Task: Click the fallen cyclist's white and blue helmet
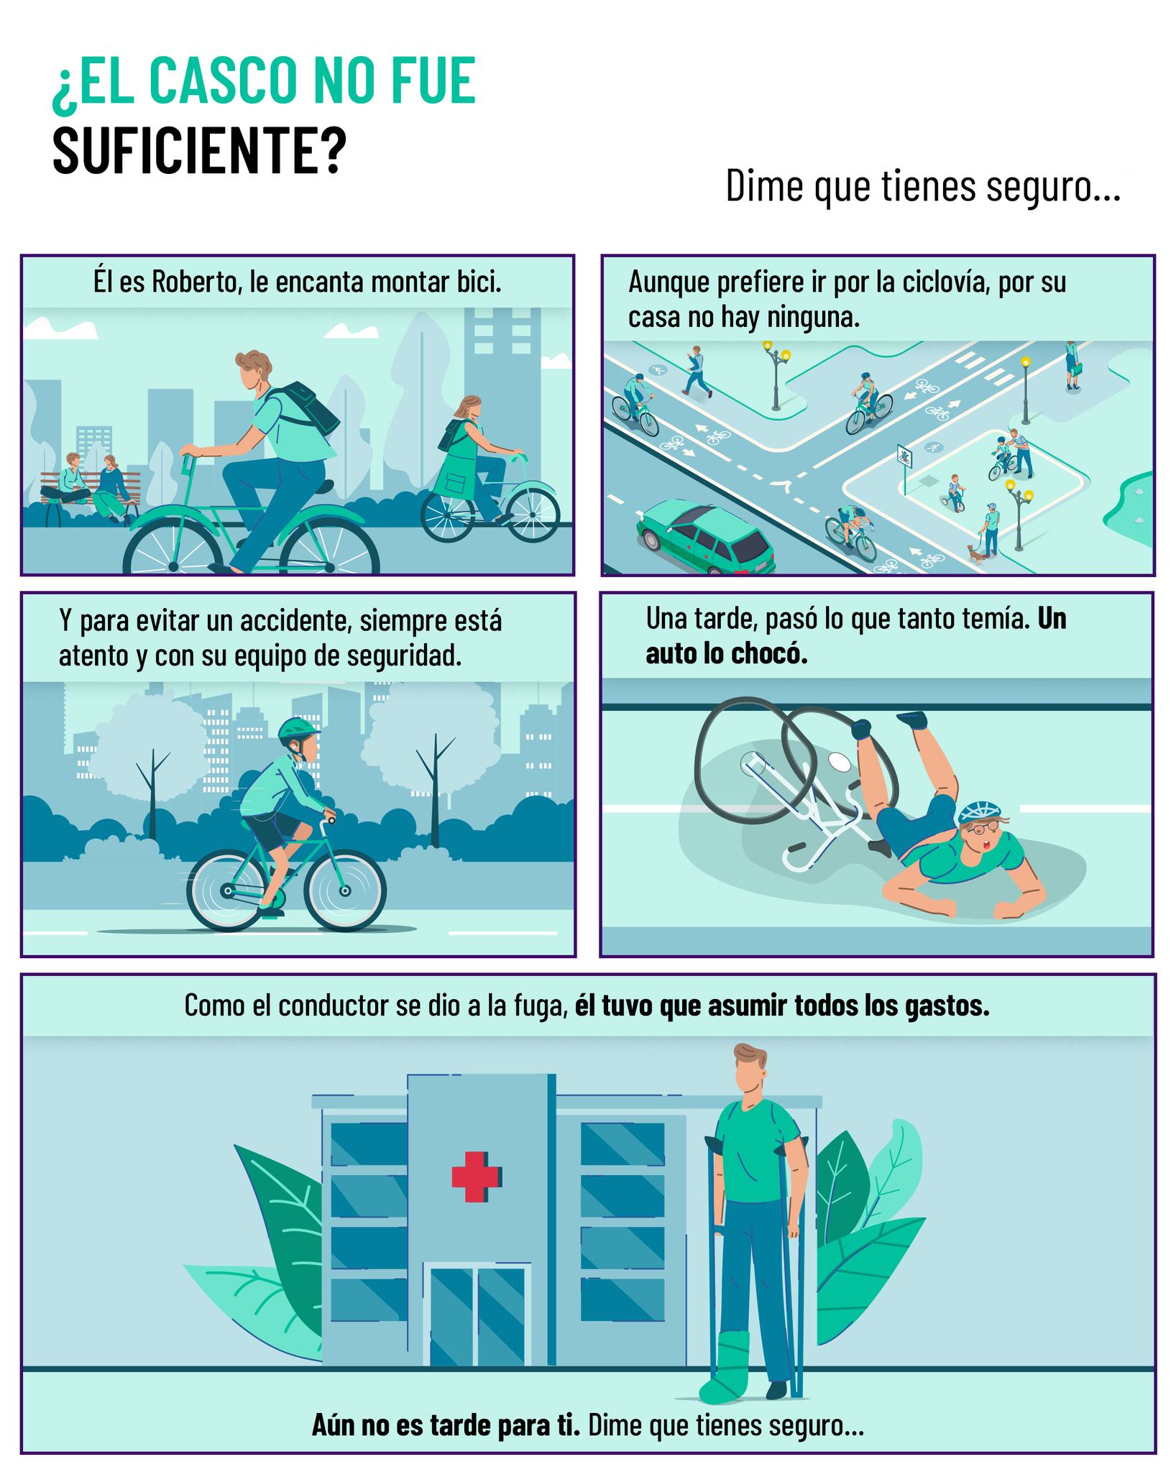(x=979, y=811)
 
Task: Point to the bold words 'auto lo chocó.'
(x=727, y=654)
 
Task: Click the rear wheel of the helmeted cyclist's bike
(x=227, y=891)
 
